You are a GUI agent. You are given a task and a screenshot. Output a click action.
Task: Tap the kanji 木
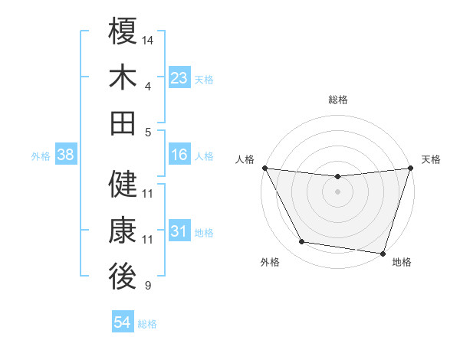pyautogui.click(x=123, y=78)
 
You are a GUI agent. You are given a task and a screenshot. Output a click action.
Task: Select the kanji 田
pyautogui.click(x=123, y=123)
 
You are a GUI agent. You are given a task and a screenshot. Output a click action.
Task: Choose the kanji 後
pyautogui.click(x=123, y=277)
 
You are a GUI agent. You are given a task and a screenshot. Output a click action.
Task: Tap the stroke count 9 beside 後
pyautogui.click(x=147, y=286)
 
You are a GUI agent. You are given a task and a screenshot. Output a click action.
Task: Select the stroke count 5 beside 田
pyautogui.click(x=147, y=132)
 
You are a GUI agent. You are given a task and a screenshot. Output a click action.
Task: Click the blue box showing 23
pyautogui.click(x=179, y=78)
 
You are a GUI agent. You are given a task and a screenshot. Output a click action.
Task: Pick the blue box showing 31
pyautogui.click(x=179, y=231)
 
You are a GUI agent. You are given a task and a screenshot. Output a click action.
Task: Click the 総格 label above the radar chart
pyautogui.click(x=338, y=100)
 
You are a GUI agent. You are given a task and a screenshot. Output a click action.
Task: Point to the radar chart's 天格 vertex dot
pyautogui.click(x=410, y=168)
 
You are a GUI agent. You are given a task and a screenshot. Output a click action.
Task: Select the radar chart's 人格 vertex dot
pyautogui.click(x=264, y=168)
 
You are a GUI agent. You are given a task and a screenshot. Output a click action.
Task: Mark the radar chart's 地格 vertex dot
pyautogui.click(x=383, y=253)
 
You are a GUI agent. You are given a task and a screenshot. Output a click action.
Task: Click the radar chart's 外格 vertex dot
pyautogui.click(x=302, y=242)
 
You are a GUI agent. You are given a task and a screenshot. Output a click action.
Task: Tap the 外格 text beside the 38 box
pyautogui.click(x=41, y=156)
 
